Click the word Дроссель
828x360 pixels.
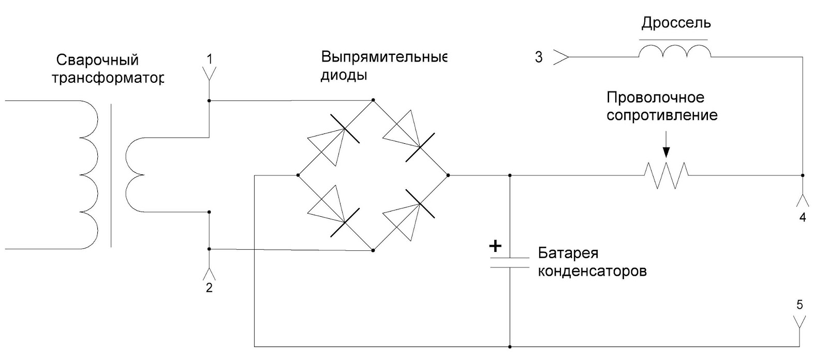pyautogui.click(x=676, y=23)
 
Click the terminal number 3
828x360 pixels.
pyautogui.click(x=539, y=57)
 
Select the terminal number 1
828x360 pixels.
pyautogui.click(x=209, y=59)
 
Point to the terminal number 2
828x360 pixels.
pyautogui.click(x=209, y=288)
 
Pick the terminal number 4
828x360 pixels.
pyautogui.click(x=803, y=218)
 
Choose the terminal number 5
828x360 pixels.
pyautogui.click(x=800, y=305)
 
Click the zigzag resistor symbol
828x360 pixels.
pyautogui.click(x=666, y=175)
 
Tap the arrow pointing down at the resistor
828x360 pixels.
pyautogui.click(x=666, y=145)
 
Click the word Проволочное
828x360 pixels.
pyautogui.click(x=655, y=97)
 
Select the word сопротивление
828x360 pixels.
pyautogui.click(x=662, y=115)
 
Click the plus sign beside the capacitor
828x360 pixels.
pyautogui.click(x=495, y=246)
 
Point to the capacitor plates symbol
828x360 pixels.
pyautogui.click(x=510, y=262)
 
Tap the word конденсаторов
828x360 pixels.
pyautogui.click(x=592, y=271)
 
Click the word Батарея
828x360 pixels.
pyautogui.click(x=568, y=253)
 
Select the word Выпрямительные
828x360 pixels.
pyautogui.click(x=383, y=56)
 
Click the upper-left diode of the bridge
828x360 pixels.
pyautogui.click(x=335, y=137)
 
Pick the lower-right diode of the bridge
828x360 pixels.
pyautogui.click(x=411, y=213)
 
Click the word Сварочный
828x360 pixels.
pyautogui.click(x=97, y=60)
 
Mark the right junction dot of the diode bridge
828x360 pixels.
pyautogui.click(x=448, y=175)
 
